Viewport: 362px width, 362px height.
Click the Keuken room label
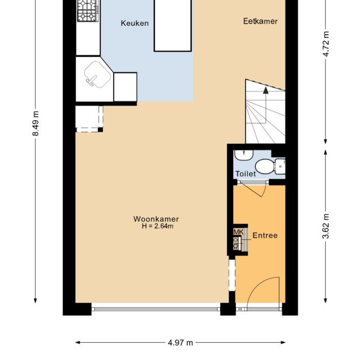pyautogui.click(x=135, y=23)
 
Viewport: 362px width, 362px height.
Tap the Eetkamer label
pyautogui.click(x=261, y=21)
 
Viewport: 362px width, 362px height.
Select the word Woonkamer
pyautogui.click(x=156, y=219)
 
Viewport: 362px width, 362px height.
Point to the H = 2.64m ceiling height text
pyautogui.click(x=157, y=227)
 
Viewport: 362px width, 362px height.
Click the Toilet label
pyautogui.click(x=246, y=174)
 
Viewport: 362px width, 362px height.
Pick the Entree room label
pyautogui.click(x=265, y=236)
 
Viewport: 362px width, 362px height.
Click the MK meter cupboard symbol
pyautogui.click(x=238, y=233)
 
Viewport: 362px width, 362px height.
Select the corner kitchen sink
pyautogui.click(x=95, y=75)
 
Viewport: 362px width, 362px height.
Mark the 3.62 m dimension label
pyautogui.click(x=326, y=225)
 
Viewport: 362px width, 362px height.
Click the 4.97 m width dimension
pyautogui.click(x=180, y=342)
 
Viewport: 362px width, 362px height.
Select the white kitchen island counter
pyautogui.click(x=173, y=26)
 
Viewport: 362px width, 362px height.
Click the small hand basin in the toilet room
pyautogui.click(x=242, y=156)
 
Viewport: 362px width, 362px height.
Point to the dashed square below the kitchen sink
pyautogui.click(x=89, y=118)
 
